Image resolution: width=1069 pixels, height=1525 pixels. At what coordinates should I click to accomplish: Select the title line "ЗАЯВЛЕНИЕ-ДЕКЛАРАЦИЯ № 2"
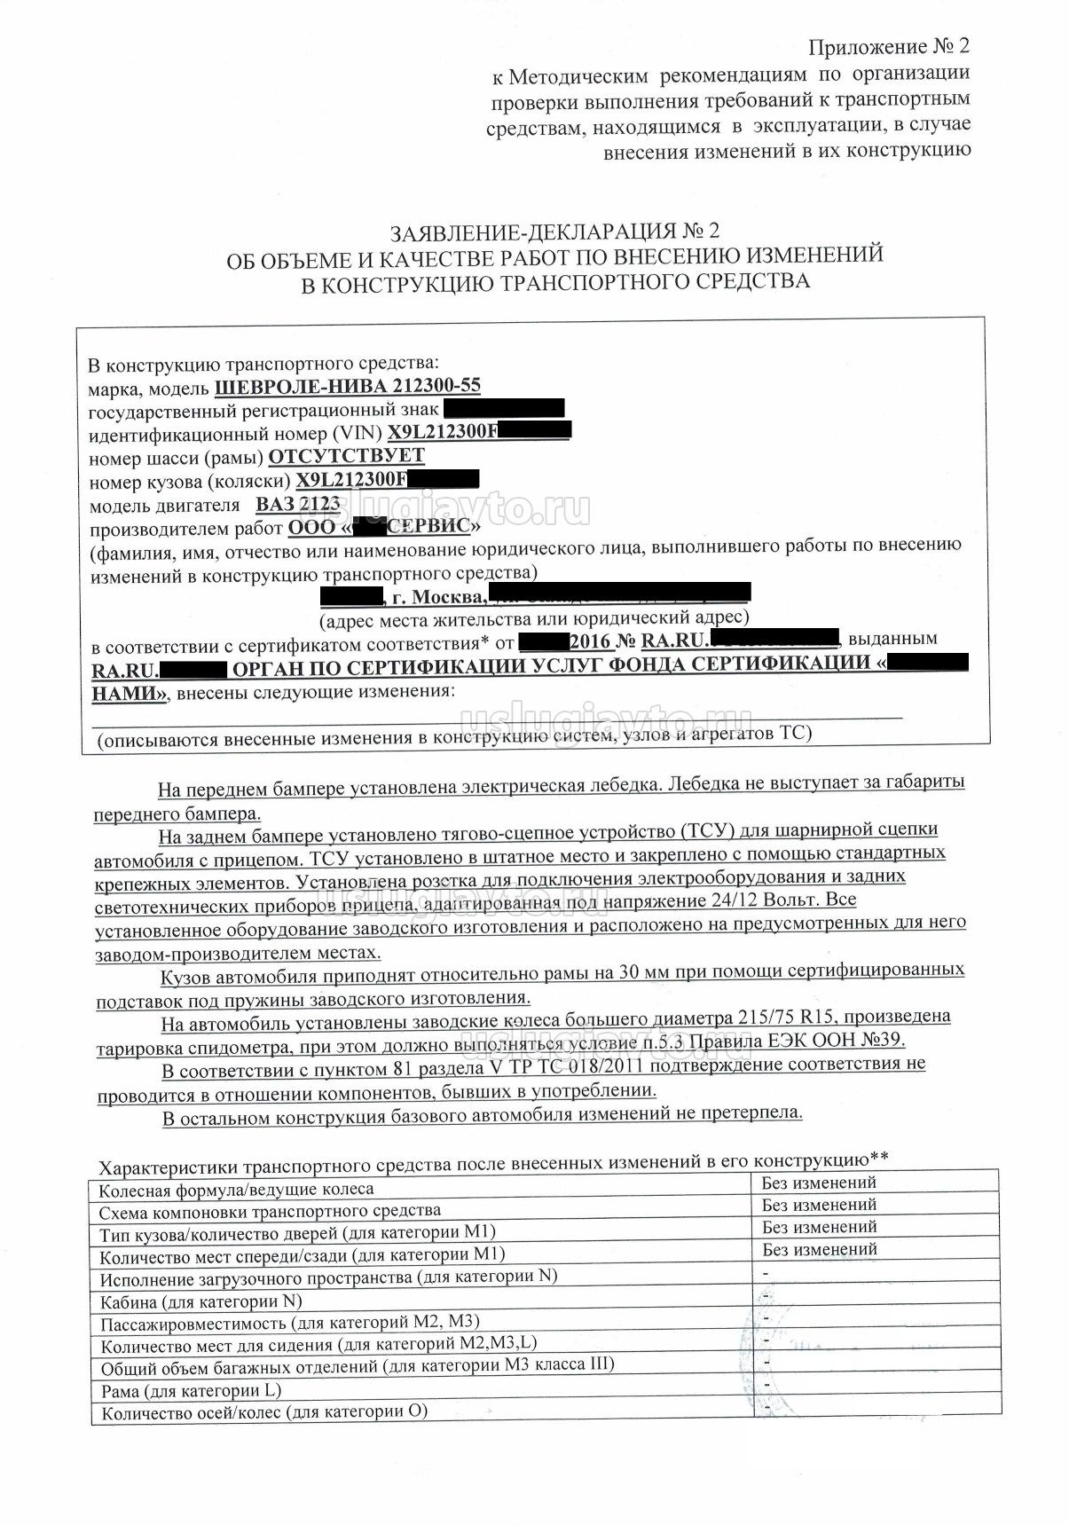pyautogui.click(x=554, y=232)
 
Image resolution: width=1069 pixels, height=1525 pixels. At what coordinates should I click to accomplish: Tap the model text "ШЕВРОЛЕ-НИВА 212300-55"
pyautogui.click(x=348, y=387)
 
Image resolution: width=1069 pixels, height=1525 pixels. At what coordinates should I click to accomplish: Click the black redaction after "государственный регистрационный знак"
pyautogui.click(x=503, y=409)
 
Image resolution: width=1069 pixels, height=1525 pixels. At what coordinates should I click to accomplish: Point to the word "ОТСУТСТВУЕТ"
pyautogui.click(x=346, y=456)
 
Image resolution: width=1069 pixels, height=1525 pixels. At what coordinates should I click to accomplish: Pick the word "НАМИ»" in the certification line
pyautogui.click(x=129, y=694)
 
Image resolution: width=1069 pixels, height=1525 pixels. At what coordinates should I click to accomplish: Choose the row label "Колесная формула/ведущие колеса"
pyautogui.click(x=236, y=1189)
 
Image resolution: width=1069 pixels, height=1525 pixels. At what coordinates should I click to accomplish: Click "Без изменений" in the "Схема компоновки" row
pyautogui.click(x=819, y=1205)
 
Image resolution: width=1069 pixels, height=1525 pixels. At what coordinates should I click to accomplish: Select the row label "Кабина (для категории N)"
pyautogui.click(x=200, y=1301)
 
